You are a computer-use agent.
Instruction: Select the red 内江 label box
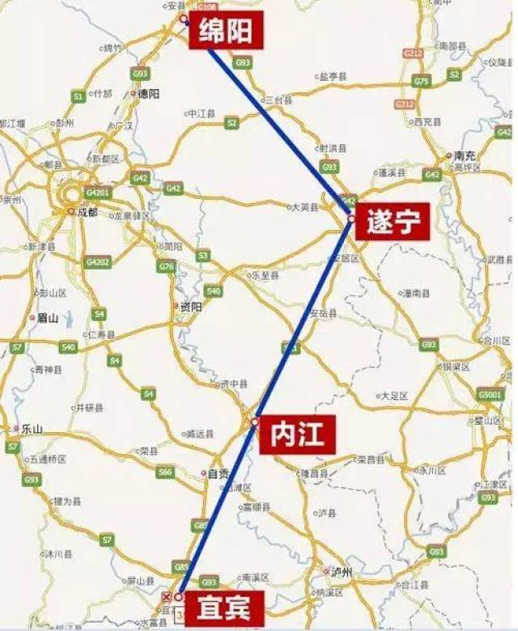pos(292,436)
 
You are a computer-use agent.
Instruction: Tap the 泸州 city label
pos(342,572)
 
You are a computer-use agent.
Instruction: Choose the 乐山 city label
pos(32,428)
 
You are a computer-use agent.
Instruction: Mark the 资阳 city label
pos(190,307)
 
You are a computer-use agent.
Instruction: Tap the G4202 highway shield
pos(98,262)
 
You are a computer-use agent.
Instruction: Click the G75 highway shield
pos(420,81)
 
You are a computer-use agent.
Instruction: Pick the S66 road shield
pos(165,472)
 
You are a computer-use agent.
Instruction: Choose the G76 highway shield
pos(168,266)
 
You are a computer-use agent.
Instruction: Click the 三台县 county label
pos(277,99)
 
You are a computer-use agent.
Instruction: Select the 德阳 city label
pos(149,94)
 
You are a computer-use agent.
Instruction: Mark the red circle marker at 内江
pos(254,421)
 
